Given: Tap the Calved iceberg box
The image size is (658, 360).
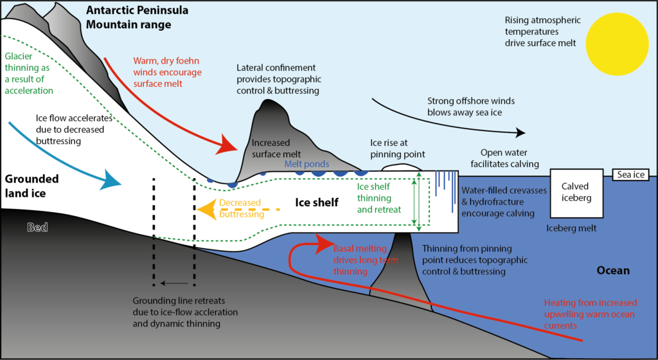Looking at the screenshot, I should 575,192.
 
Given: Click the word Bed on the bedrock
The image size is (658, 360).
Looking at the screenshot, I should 38,227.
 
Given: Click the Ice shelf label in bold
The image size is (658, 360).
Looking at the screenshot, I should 317,203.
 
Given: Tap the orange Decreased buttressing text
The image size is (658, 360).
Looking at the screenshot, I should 240,208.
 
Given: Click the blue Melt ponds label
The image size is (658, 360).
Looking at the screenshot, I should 307,165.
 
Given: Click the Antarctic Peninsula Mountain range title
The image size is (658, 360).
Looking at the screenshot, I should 129,17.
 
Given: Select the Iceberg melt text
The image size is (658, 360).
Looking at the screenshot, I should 571,228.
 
